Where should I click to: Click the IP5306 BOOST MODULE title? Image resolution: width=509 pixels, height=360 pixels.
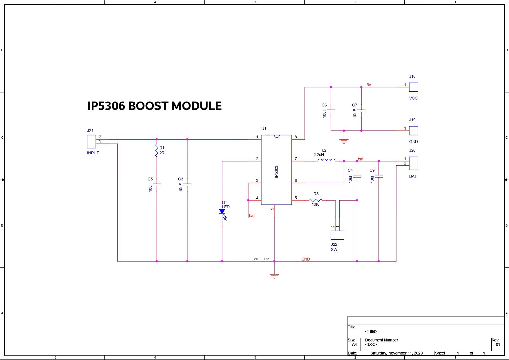point(154,106)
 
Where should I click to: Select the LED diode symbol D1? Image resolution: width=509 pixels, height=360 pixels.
point(222,212)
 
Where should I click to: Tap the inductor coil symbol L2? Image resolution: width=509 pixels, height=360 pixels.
point(326,160)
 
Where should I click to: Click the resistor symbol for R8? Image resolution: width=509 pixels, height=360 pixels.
point(316,200)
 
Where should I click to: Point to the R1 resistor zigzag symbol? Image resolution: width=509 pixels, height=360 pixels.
point(157,151)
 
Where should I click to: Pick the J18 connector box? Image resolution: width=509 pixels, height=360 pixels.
point(413,87)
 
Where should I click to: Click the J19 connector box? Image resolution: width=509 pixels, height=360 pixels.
point(413,131)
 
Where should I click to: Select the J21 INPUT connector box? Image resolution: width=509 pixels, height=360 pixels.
point(91,142)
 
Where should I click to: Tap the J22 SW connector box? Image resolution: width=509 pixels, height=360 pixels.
point(337,235)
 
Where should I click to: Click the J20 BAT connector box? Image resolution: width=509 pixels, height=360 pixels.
point(413,163)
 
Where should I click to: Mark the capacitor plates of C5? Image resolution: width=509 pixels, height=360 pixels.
point(157,185)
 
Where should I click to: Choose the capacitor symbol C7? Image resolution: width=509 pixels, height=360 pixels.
point(361,111)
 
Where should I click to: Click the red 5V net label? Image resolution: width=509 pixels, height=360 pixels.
point(369,85)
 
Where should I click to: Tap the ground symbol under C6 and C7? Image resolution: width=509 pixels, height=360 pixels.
point(344,141)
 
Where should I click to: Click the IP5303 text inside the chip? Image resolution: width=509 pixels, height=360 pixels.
point(276,172)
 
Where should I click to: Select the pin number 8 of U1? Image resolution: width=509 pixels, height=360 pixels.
point(296,137)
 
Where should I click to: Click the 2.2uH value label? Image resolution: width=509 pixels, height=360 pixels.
point(318,155)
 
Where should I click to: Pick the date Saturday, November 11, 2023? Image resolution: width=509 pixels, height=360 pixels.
point(396,353)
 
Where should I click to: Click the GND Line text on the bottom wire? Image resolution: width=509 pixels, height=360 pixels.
point(261,259)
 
